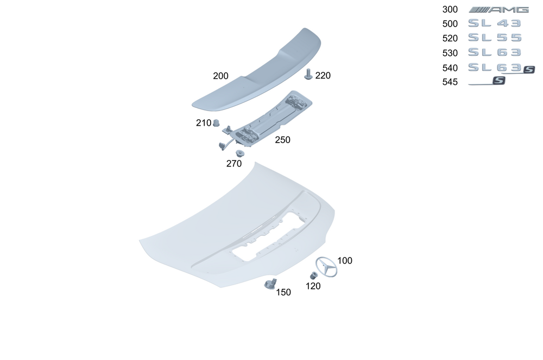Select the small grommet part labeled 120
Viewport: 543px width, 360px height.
point(314,275)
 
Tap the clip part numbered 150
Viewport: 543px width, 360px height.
point(270,284)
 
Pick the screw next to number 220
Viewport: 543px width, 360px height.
point(308,74)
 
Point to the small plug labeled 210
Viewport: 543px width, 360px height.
point(216,123)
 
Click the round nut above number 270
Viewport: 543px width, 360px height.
point(239,153)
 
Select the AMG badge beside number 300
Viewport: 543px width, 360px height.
point(498,10)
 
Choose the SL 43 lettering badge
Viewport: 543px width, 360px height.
point(495,23)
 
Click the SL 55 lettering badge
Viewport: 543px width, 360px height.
point(495,37)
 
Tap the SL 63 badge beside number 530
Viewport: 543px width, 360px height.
point(495,52)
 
